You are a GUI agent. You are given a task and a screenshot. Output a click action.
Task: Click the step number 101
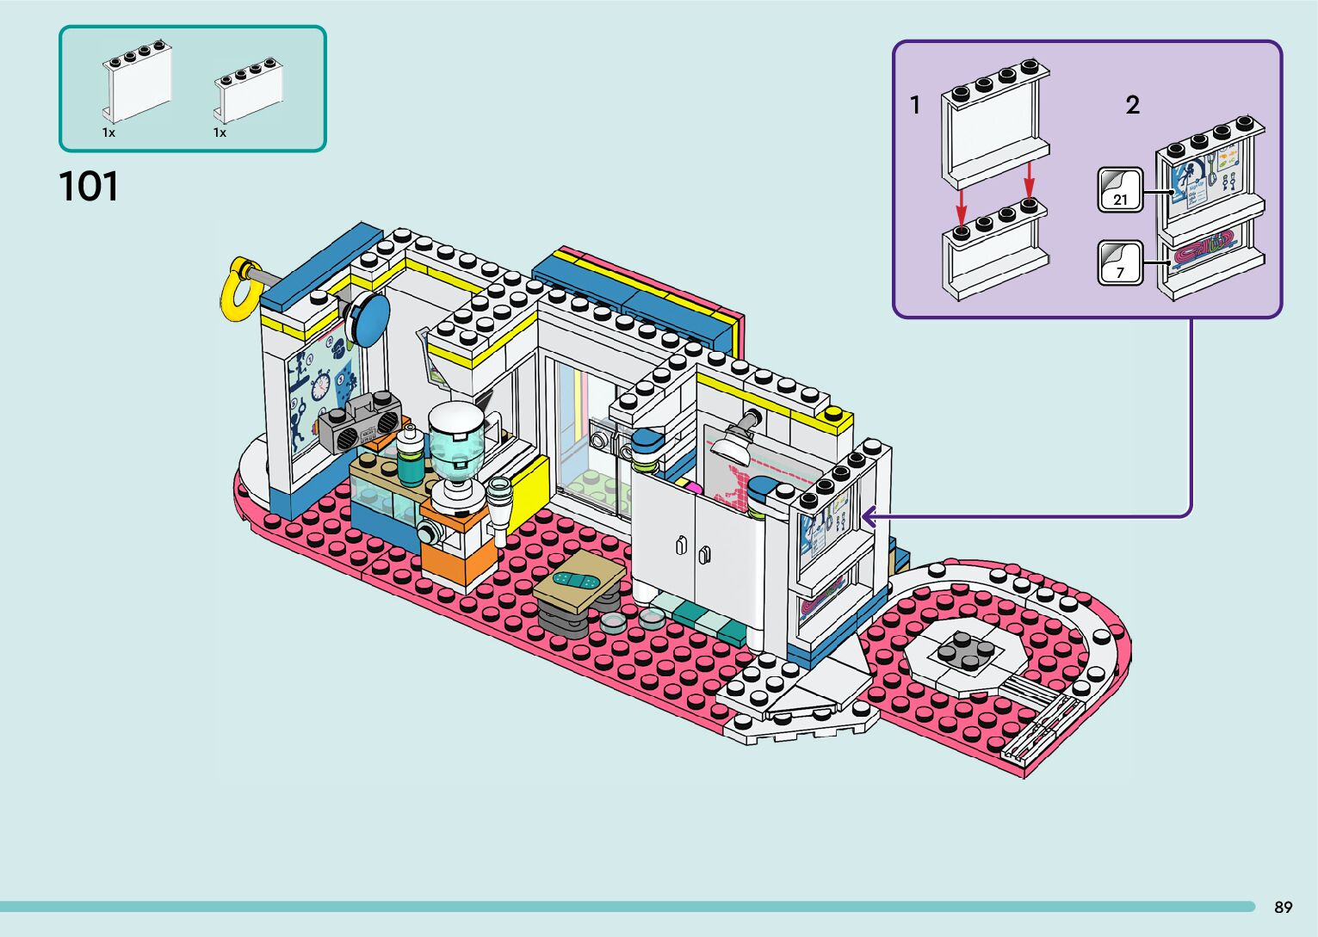[89, 187]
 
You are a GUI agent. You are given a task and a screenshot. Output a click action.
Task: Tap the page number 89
[1283, 907]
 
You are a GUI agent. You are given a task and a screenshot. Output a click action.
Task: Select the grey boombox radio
[361, 422]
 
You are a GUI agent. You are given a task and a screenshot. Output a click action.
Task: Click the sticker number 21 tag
[1120, 190]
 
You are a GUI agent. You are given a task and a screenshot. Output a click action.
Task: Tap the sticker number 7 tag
[1120, 263]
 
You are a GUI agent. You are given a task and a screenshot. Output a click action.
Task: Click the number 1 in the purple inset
[915, 105]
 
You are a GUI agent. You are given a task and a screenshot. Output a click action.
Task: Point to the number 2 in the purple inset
[1132, 105]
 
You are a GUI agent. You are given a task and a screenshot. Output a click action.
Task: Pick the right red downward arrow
[1029, 179]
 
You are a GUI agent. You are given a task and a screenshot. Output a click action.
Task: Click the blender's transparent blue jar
[455, 453]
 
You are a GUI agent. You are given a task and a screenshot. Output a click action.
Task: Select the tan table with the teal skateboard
[579, 584]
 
